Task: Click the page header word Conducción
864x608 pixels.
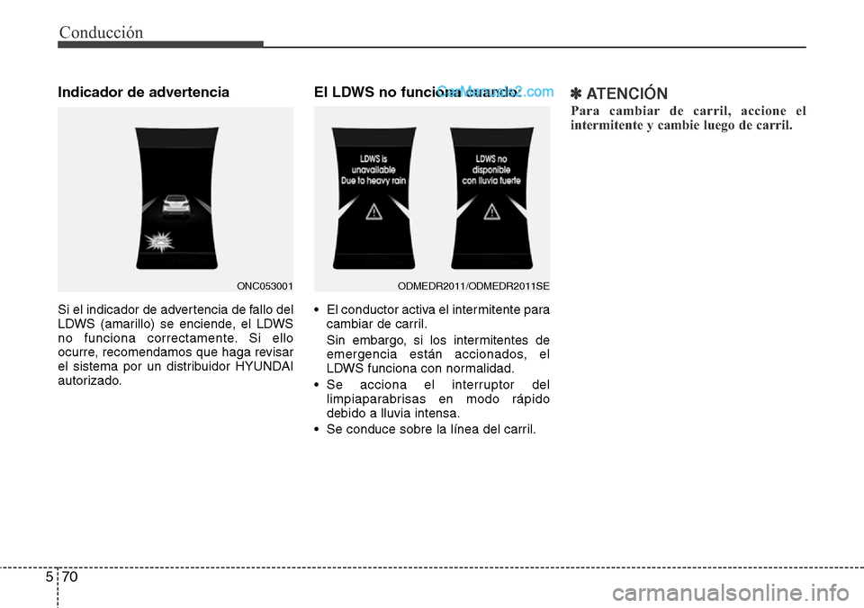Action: tap(101, 32)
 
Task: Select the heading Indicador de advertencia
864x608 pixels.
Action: tap(143, 92)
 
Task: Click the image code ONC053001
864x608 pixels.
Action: tap(265, 285)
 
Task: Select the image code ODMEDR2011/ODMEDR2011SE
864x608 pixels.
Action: tap(473, 285)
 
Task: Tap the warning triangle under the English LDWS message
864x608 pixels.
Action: tap(373, 212)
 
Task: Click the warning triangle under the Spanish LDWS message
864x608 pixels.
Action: tap(491, 212)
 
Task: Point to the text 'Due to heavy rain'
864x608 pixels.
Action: tap(373, 180)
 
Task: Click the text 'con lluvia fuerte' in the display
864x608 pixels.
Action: tap(491, 179)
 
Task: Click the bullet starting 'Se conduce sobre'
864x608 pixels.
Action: tap(430, 430)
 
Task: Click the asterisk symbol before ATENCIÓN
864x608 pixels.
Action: tap(577, 94)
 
